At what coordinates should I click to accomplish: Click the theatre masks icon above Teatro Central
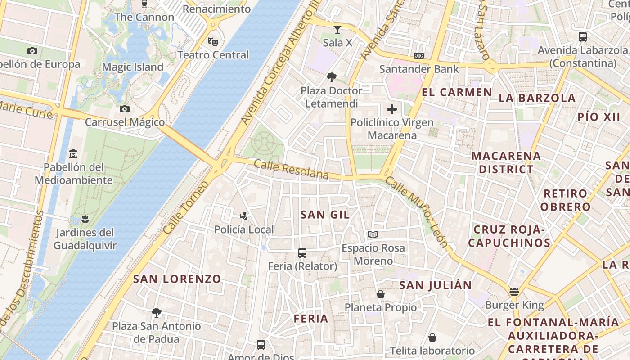[x=213, y=42]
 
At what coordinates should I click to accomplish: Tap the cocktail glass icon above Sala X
[x=337, y=30]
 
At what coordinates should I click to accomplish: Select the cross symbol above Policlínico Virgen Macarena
[x=392, y=109]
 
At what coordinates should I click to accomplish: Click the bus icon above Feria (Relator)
[x=302, y=253]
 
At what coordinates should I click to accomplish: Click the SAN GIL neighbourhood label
[x=325, y=215]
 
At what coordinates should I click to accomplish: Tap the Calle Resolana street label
[x=291, y=170]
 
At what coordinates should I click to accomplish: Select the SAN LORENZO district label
[x=177, y=279]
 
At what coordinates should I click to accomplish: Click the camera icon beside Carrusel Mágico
[x=125, y=109]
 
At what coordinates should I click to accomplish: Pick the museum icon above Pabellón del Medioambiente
[x=73, y=154]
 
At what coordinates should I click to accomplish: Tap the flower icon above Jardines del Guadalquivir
[x=85, y=220]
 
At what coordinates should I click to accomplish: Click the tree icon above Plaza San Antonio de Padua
[x=156, y=312]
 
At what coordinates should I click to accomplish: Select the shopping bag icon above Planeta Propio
[x=381, y=294]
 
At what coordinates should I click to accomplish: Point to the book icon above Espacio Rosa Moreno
[x=373, y=234]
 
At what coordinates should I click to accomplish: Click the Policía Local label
[x=244, y=229]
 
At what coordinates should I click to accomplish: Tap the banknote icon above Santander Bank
[x=419, y=56]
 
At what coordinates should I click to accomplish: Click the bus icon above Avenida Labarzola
[x=583, y=37]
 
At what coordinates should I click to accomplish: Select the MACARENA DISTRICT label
[x=506, y=162]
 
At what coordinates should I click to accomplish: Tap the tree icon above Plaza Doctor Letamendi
[x=331, y=77]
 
